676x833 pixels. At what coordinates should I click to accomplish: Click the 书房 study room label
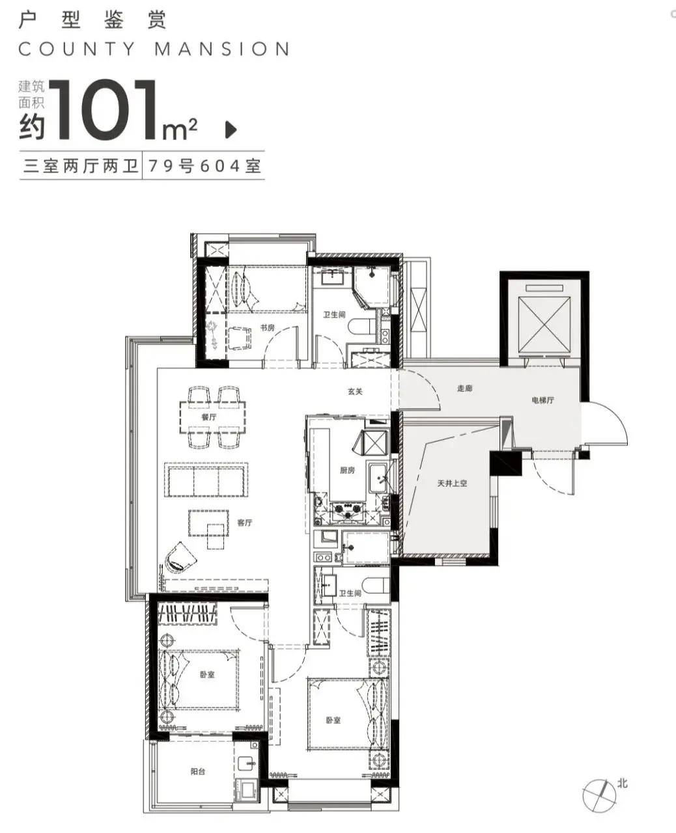pos(268,328)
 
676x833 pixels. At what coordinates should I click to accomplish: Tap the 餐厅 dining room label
pos(208,417)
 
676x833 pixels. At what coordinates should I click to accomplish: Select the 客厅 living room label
pos(245,523)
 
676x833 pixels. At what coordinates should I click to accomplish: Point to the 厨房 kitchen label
pos(347,470)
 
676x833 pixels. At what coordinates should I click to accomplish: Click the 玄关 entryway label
pos(355,391)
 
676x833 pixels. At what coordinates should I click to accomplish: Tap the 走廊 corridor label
pos(464,388)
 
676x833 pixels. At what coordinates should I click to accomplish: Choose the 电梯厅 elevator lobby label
pos(543,400)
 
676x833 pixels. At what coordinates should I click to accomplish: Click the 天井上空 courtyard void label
pos(452,483)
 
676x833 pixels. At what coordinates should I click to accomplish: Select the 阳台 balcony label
pos(198,771)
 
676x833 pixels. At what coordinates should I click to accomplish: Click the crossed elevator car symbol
pos(544,325)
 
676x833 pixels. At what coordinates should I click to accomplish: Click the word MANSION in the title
pos(222,49)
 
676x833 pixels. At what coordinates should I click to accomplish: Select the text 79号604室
pos(204,166)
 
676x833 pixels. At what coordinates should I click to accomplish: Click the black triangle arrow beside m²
pos(231,130)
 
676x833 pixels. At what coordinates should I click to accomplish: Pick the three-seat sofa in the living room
pos(206,480)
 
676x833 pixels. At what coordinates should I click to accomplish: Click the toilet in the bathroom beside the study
pos(362,327)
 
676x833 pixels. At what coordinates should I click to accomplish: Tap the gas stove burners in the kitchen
pos(347,510)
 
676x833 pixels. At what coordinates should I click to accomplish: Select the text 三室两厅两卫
pos(81,166)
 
